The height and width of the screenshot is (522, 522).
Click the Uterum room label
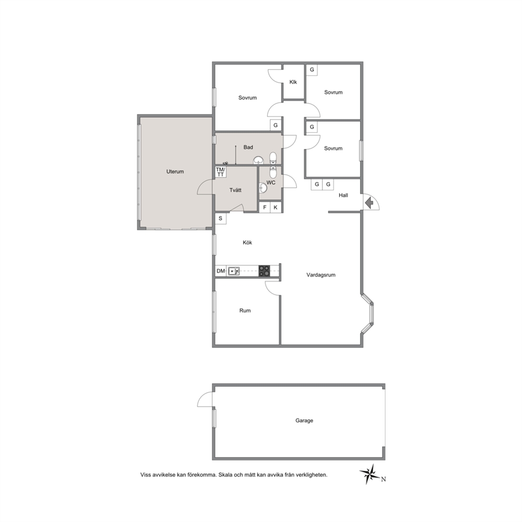(175, 172)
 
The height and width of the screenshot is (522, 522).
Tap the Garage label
(304, 420)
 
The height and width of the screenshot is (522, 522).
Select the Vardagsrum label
(321, 275)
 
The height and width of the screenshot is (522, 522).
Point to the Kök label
(247, 243)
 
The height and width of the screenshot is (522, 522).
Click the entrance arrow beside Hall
(368, 203)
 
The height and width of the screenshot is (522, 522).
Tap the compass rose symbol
(369, 474)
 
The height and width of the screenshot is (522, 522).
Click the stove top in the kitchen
(265, 270)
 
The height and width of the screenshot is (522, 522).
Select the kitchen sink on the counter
(234, 271)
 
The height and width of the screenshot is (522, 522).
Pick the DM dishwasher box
(220, 271)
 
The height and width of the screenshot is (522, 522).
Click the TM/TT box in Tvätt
(220, 172)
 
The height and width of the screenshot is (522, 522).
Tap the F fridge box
(265, 207)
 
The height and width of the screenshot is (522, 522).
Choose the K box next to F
(276, 207)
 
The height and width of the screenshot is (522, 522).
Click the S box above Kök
(220, 218)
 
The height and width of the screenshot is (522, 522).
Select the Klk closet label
(293, 82)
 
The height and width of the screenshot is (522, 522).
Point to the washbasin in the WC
(263, 188)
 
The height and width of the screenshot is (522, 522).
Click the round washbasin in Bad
(258, 160)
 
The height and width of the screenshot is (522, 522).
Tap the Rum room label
(245, 310)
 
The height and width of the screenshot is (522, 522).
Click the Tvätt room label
(235, 190)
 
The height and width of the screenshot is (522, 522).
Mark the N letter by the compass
(384, 479)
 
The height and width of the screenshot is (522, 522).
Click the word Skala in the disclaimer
(225, 475)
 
